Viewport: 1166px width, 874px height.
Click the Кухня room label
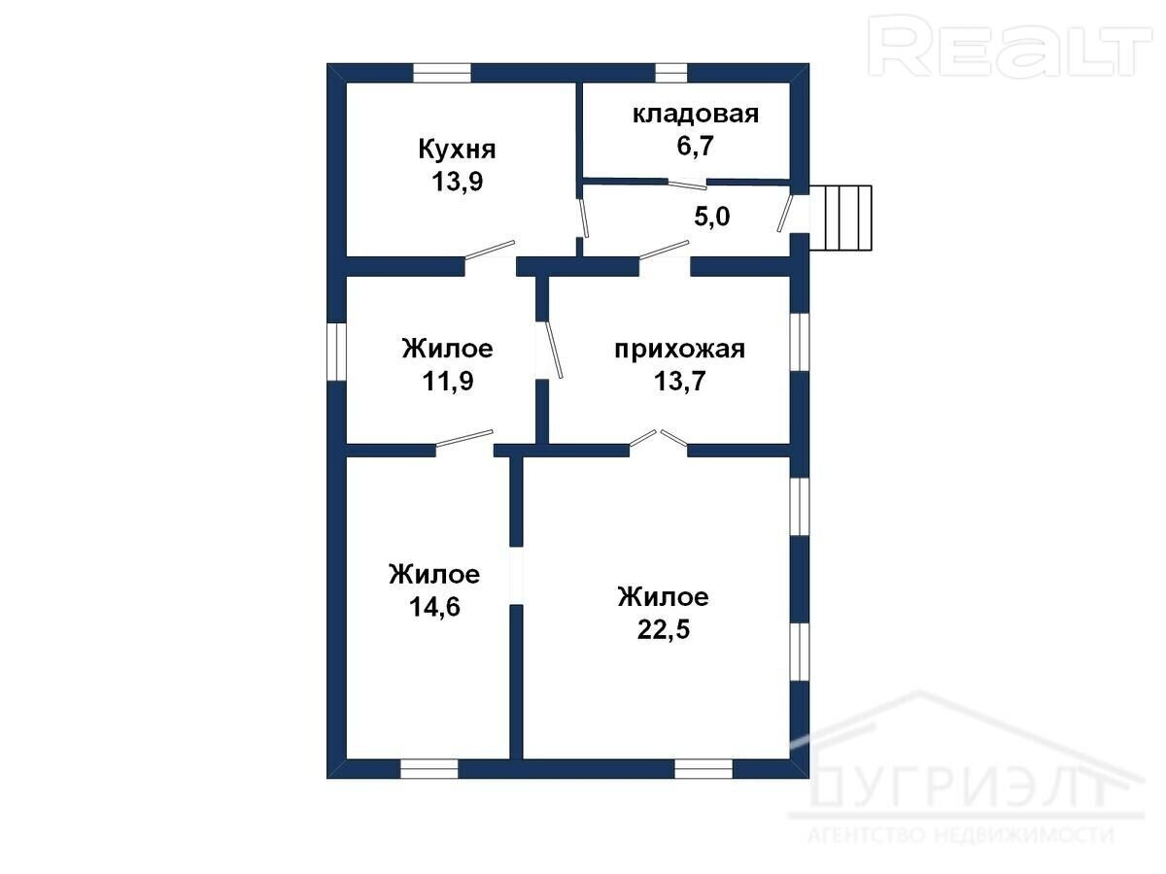pyautogui.click(x=457, y=150)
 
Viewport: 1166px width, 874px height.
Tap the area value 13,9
pyautogui.click(x=458, y=182)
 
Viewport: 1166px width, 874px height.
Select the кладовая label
pyautogui.click(x=696, y=115)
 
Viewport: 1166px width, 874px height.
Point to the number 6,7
pyautogui.click(x=695, y=146)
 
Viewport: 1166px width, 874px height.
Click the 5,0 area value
pyautogui.click(x=712, y=217)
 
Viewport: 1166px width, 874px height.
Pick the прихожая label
pyautogui.click(x=680, y=350)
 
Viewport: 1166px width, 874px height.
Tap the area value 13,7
pyautogui.click(x=680, y=381)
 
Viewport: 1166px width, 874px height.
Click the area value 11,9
pyautogui.click(x=448, y=381)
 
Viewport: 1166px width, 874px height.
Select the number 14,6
pyautogui.click(x=434, y=607)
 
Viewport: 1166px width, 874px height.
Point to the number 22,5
pyautogui.click(x=664, y=630)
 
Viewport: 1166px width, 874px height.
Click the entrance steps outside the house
pyautogui.click(x=840, y=218)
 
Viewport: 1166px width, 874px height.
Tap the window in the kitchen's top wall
pyautogui.click(x=442, y=73)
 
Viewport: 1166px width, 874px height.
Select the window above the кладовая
pyautogui.click(x=671, y=73)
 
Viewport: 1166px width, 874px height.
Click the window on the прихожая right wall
pyautogui.click(x=800, y=342)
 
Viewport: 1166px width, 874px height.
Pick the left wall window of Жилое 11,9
pyautogui.click(x=336, y=352)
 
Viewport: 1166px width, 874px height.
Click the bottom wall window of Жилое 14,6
pyautogui.click(x=429, y=769)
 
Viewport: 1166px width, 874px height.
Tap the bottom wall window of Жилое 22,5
pyautogui.click(x=703, y=769)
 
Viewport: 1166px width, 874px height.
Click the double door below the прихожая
pyautogui.click(x=659, y=443)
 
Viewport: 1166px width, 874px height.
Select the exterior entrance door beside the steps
pyautogui.click(x=785, y=214)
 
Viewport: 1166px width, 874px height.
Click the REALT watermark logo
pyautogui.click(x=1011, y=47)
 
